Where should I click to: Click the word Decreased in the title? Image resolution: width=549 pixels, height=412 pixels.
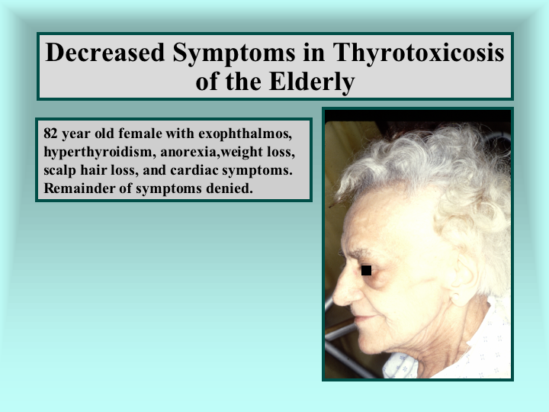(105, 53)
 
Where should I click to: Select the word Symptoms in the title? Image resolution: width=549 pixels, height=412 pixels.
(234, 54)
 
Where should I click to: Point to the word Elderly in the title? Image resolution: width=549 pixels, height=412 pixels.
(312, 82)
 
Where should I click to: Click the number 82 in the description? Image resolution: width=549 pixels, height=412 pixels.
(50, 134)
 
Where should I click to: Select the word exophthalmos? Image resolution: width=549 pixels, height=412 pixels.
(245, 134)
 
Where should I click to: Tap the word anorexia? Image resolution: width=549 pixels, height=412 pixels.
(190, 153)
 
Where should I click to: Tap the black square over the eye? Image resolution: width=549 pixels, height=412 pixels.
(366, 270)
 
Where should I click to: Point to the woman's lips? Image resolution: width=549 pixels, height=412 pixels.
(362, 319)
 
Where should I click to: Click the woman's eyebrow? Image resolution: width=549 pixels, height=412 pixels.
(355, 253)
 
